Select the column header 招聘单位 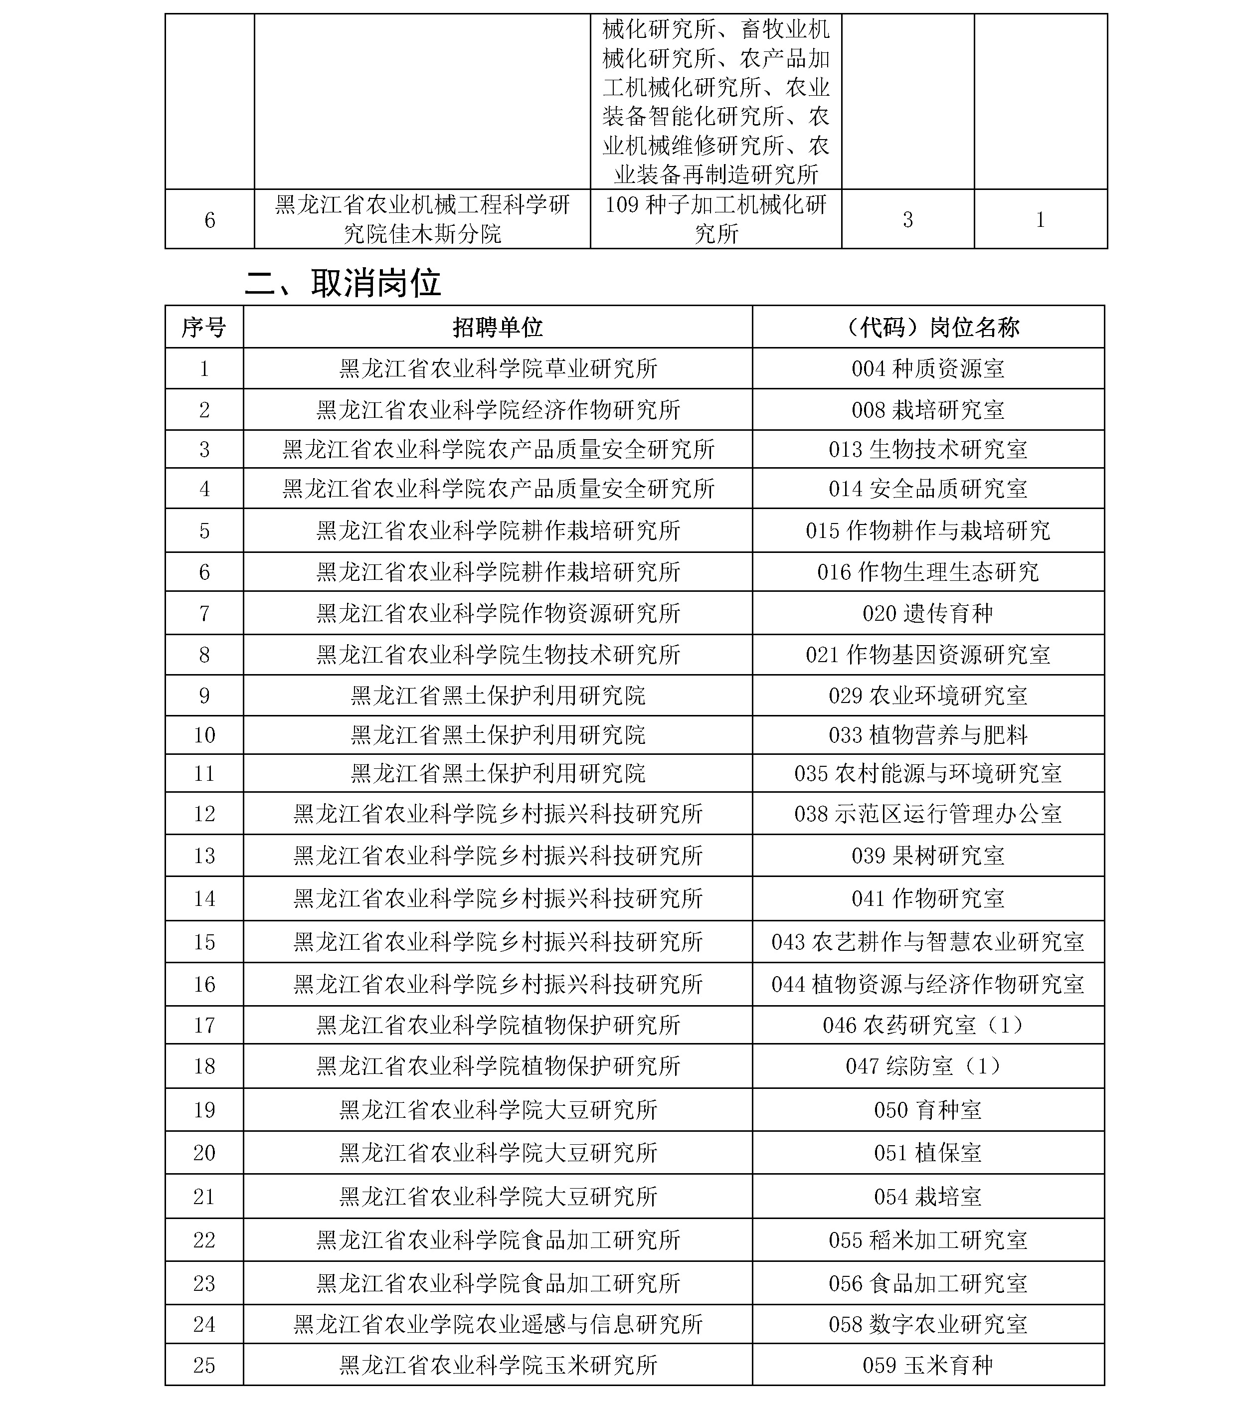(498, 327)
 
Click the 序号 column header (204, 327)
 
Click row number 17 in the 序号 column (204, 1025)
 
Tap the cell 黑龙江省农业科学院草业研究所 (498, 369)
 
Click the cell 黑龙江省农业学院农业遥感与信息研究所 (498, 1323)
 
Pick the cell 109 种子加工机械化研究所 (715, 219)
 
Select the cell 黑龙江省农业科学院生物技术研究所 (498, 654)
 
